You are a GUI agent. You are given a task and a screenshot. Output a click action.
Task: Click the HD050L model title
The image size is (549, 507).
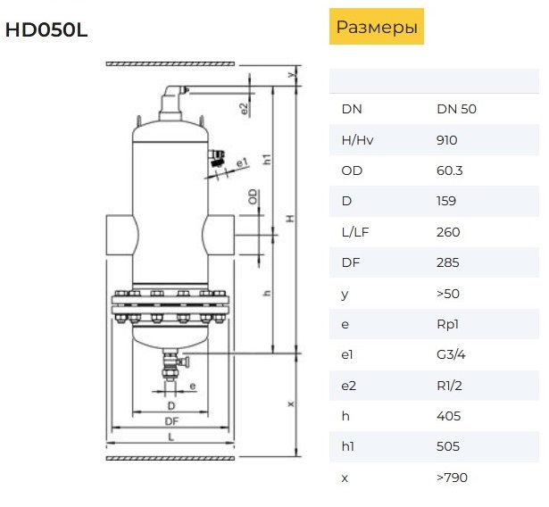click(46, 29)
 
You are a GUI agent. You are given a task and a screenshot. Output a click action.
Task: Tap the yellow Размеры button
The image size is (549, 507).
click(377, 27)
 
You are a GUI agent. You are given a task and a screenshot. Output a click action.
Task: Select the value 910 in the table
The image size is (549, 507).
click(446, 140)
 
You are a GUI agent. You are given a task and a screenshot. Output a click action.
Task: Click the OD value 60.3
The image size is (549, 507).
click(450, 170)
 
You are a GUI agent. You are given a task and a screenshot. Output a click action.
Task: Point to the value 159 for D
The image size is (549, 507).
click(446, 201)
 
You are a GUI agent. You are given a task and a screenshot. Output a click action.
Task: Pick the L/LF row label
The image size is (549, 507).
click(355, 232)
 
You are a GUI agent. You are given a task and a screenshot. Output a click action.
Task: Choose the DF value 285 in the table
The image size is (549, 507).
click(448, 262)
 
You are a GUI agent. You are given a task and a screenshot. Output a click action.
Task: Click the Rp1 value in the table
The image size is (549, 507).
click(447, 324)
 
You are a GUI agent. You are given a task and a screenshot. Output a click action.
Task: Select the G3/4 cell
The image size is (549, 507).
click(451, 354)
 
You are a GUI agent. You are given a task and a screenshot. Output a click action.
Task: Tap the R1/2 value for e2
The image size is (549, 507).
click(449, 386)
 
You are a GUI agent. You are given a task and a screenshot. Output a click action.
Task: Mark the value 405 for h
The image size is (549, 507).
click(448, 416)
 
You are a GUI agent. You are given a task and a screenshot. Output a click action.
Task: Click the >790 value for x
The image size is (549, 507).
click(452, 478)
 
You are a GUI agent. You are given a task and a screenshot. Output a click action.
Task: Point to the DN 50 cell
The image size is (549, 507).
click(456, 109)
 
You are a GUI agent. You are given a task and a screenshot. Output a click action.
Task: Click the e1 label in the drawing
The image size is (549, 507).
click(242, 162)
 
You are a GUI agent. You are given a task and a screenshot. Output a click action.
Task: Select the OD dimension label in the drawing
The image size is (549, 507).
click(253, 196)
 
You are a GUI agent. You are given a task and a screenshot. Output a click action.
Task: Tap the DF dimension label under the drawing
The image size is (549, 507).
click(171, 421)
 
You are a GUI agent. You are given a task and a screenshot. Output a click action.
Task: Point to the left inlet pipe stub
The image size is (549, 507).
click(121, 235)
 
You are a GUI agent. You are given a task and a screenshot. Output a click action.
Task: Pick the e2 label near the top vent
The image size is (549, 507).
click(245, 109)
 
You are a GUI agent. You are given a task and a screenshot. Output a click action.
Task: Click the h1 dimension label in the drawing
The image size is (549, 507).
click(267, 159)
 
